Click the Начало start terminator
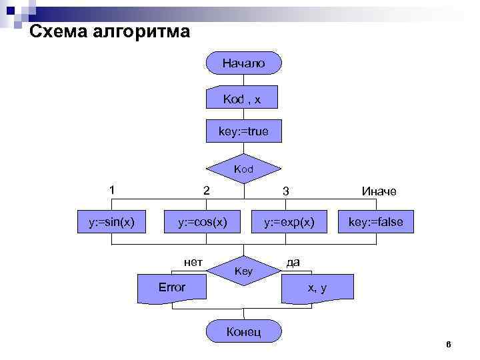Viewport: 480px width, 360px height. [x=243, y=63]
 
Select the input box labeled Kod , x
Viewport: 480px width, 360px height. [x=242, y=99]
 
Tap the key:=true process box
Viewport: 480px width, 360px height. [x=243, y=131]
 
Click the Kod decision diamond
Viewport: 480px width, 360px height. [x=243, y=169]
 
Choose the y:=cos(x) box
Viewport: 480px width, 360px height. [x=201, y=221]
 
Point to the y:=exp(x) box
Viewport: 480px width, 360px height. [x=289, y=221]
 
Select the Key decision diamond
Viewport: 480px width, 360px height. [x=243, y=271]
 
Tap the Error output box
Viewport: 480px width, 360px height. [x=171, y=287]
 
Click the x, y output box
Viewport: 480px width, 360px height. [x=317, y=287]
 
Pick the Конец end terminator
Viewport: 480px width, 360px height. [x=243, y=331]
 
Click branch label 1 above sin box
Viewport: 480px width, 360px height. [x=113, y=190]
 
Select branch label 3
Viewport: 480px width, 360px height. [x=285, y=191]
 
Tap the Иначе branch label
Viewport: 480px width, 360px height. [x=379, y=191]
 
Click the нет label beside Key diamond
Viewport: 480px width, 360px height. [x=193, y=261]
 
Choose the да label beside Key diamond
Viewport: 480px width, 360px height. [x=293, y=261]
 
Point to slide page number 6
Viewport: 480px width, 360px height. [x=448, y=344]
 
